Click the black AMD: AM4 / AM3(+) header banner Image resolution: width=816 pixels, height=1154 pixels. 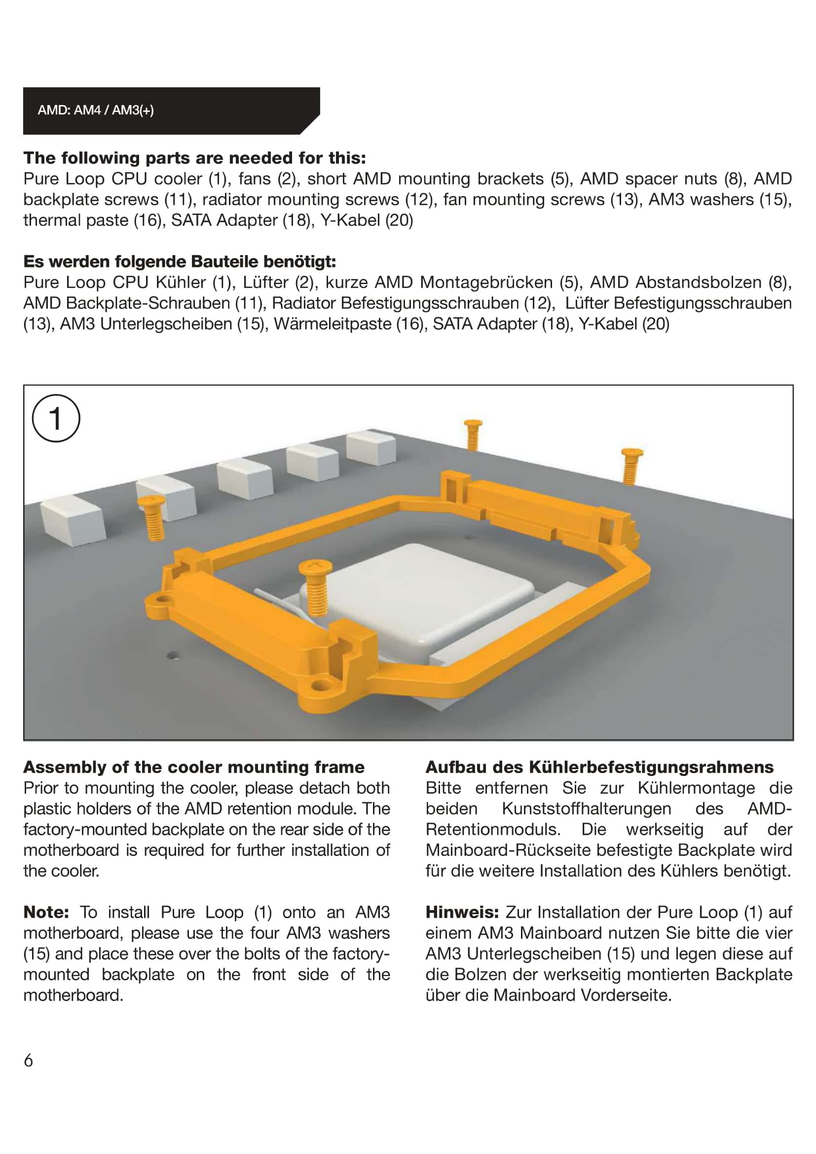point(171,111)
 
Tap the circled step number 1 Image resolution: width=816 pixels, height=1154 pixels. point(56,418)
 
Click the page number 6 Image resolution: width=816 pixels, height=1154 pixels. point(29,1061)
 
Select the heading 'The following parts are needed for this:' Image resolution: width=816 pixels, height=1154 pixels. point(194,158)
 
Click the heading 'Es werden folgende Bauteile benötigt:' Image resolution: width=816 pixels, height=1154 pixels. point(180,261)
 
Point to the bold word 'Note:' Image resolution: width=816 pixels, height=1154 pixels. point(46,912)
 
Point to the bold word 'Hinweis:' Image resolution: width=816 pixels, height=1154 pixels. point(462,912)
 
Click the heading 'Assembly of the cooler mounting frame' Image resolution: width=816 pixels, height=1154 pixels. point(194,767)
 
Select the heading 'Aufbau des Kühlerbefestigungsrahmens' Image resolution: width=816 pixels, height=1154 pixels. point(599,767)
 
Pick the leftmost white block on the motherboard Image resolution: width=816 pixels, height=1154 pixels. point(72,521)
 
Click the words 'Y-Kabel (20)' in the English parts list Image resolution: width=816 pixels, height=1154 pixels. point(367,220)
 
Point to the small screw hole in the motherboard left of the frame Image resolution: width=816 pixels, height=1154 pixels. point(173,655)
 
